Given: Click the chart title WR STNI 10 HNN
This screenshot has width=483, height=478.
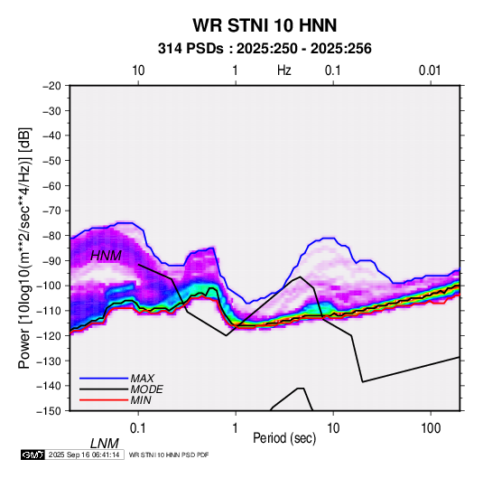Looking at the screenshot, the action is click(x=265, y=25).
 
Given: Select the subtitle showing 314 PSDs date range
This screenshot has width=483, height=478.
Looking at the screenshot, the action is click(x=265, y=49).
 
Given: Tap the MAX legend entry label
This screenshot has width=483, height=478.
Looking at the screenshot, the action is click(x=143, y=378).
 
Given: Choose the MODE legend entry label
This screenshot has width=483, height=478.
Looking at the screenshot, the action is click(x=146, y=389).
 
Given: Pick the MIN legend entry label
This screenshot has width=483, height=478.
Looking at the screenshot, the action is click(x=141, y=400).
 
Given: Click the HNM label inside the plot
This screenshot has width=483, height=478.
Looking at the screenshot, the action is click(x=106, y=256).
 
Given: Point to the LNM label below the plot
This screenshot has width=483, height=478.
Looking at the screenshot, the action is click(x=105, y=444).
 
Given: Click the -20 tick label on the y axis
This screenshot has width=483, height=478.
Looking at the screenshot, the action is click(x=51, y=86).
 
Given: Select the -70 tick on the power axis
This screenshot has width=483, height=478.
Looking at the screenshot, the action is click(x=51, y=211).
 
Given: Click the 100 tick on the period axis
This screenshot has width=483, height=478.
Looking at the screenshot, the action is click(x=431, y=428).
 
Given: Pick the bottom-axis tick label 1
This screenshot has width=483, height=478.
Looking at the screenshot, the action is click(x=236, y=428).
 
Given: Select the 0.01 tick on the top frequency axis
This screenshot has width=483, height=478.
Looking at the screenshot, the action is click(x=430, y=70).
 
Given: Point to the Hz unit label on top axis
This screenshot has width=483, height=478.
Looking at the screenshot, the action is click(x=284, y=70).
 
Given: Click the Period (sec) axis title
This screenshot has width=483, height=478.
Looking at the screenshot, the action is click(x=284, y=438).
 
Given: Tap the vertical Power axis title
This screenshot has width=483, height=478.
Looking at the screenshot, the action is click(x=24, y=248).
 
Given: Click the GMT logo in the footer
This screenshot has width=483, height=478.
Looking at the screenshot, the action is click(x=33, y=455).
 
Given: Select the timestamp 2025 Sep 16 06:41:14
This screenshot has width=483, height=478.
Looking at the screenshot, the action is click(x=84, y=455).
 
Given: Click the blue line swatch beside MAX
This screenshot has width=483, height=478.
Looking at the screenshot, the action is click(x=104, y=379).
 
